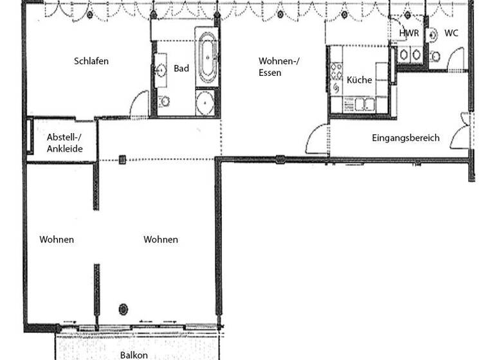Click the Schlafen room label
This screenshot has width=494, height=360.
(91, 62)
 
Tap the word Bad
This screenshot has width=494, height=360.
(181, 68)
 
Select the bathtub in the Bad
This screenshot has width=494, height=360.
(207, 58)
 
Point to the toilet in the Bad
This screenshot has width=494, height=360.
(165, 101)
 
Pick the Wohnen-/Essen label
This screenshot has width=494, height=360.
(279, 67)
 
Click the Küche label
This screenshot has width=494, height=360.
(359, 80)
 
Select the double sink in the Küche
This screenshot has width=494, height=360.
(365, 103)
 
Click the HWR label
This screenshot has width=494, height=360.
(409, 33)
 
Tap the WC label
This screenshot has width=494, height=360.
(452, 33)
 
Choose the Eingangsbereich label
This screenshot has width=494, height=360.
(406, 138)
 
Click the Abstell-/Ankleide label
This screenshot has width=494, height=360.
(65, 143)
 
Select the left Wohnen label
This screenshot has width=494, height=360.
(57, 240)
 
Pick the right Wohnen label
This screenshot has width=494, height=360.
(161, 240)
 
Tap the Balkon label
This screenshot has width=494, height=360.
(134, 355)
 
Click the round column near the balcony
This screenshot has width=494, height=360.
(123, 309)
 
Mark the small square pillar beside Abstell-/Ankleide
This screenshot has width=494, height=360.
(122, 158)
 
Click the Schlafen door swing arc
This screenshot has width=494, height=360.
(138, 103)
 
